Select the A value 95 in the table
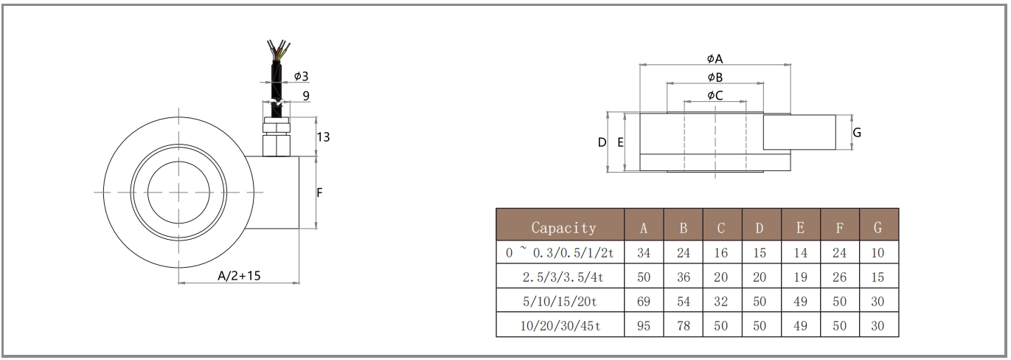[644, 325]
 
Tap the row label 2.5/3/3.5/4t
[563, 277]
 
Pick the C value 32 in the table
[720, 301]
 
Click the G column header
[878, 228]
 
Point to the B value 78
[684, 325]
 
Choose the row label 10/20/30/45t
[560, 325]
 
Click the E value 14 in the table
[801, 253]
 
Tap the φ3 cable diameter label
[301, 76]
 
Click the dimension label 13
[323, 137]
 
